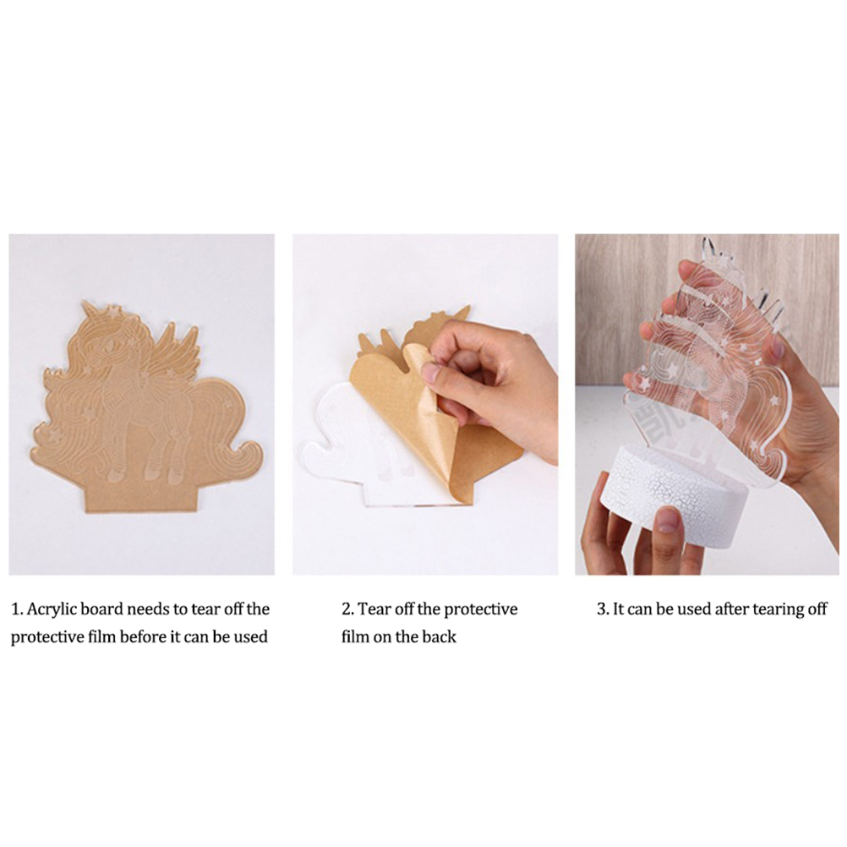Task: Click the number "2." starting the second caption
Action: coord(348,609)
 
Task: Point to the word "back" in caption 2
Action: coord(439,637)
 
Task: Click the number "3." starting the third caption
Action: coord(604,609)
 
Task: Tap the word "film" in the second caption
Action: coord(354,637)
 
